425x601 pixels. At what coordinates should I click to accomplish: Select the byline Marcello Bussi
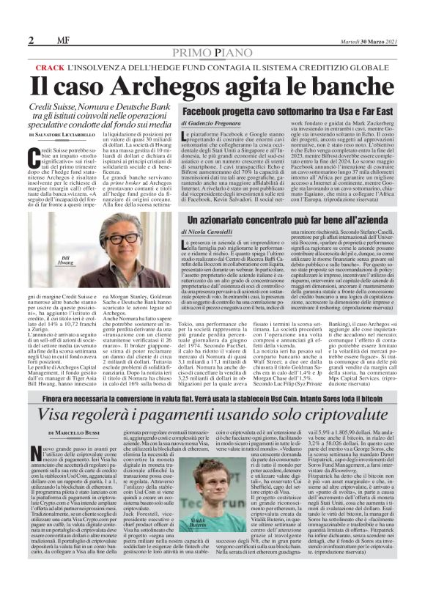(x=73, y=434)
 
